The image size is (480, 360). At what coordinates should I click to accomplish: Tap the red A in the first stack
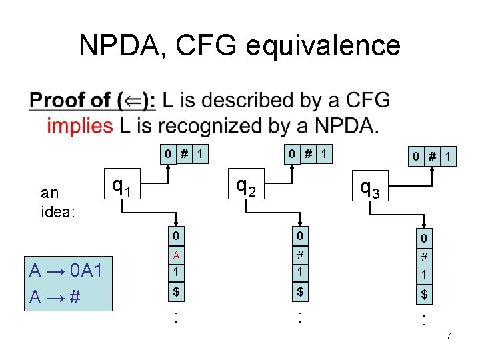pos(175,255)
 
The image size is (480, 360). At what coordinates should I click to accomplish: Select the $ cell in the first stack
pos(175,291)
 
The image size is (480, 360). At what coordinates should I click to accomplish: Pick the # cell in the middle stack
pos(300,255)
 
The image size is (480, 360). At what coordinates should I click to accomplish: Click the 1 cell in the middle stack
pos(300,273)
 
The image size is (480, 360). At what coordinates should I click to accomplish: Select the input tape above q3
pos(433,157)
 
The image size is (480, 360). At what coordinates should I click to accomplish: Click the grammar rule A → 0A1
pos(65,271)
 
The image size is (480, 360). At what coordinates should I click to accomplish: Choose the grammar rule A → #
pos(55,296)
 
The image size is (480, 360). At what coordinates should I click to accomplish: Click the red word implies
pos(80,126)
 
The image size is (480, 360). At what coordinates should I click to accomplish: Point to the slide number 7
pos(449,336)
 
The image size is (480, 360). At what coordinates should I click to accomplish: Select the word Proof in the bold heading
pos(69,101)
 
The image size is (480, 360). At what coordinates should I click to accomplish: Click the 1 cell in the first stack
pos(175,273)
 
